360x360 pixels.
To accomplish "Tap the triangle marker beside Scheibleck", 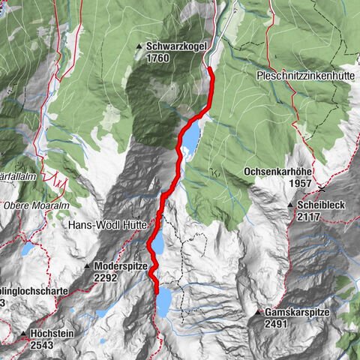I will pyautogui.click(x=290, y=205).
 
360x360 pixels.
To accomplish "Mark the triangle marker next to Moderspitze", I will pyautogui.click(x=87, y=265).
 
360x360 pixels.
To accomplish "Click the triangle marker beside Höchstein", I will pyautogui.click(x=24, y=332).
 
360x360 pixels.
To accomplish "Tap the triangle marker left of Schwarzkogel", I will pyautogui.click(x=139, y=46).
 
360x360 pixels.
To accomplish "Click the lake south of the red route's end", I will pyautogui.click(x=163, y=303).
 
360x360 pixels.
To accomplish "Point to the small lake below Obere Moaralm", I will pyautogui.click(x=28, y=249).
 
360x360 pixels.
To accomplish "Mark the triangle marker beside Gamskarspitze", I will pyautogui.click(x=259, y=312).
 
